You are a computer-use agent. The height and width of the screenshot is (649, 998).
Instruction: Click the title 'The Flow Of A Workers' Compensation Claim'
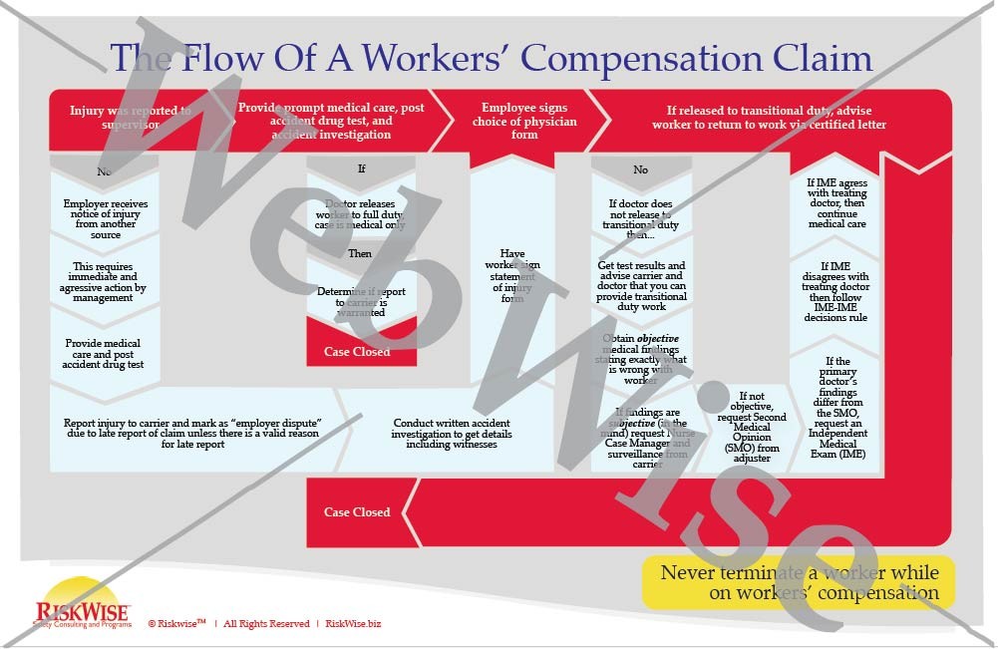[x=491, y=58]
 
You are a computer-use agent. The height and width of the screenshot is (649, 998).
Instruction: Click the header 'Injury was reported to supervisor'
[x=131, y=118]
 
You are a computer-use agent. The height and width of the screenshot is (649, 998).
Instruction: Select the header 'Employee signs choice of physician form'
[x=523, y=121]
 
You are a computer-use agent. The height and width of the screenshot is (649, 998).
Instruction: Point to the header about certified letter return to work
[x=769, y=117]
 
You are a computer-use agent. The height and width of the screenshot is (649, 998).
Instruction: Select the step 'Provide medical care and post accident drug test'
[x=105, y=353]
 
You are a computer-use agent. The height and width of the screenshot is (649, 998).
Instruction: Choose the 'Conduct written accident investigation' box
[x=445, y=433]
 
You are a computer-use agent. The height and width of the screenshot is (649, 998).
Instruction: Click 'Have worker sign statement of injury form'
[x=512, y=275]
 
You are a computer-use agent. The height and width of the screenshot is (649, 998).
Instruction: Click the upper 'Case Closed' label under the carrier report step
[x=357, y=351]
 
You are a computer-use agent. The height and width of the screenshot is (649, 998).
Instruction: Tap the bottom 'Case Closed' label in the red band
[x=357, y=512]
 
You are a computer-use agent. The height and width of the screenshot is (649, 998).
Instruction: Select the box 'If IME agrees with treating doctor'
[x=836, y=203]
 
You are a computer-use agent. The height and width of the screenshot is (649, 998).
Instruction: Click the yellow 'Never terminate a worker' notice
[x=799, y=582]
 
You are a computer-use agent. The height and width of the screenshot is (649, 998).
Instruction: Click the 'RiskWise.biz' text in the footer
[x=353, y=624]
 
